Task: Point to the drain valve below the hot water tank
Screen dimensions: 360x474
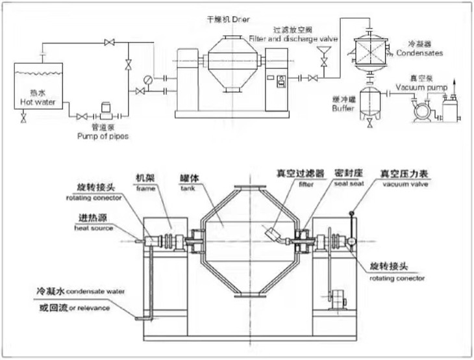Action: click(x=23, y=118)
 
